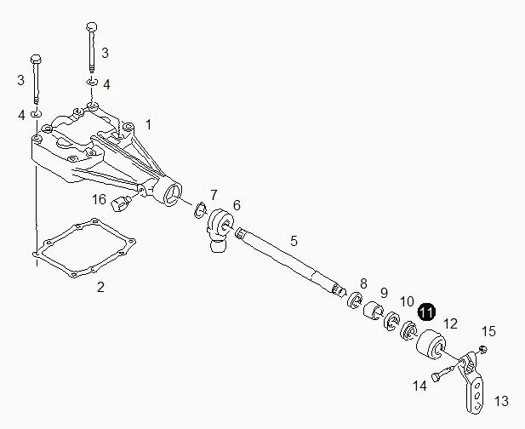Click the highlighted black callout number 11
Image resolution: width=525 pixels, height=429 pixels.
pos(426,312)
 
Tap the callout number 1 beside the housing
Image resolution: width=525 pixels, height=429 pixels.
pos(148,124)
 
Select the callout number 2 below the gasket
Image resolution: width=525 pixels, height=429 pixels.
pos(100,287)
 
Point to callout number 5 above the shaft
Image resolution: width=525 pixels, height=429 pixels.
pos(294,241)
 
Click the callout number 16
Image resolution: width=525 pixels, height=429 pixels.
pos(100,199)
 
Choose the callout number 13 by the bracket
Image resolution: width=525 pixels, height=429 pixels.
pos(501,400)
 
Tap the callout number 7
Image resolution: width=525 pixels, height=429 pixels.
pos(214,195)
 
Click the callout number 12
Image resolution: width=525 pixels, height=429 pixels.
pos(451,323)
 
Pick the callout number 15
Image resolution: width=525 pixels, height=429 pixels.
pos(488,331)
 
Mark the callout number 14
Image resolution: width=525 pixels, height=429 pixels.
pos(419,386)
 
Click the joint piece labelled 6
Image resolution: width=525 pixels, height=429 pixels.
pos(221,228)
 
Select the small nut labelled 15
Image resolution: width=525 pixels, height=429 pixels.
pos(482,349)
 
